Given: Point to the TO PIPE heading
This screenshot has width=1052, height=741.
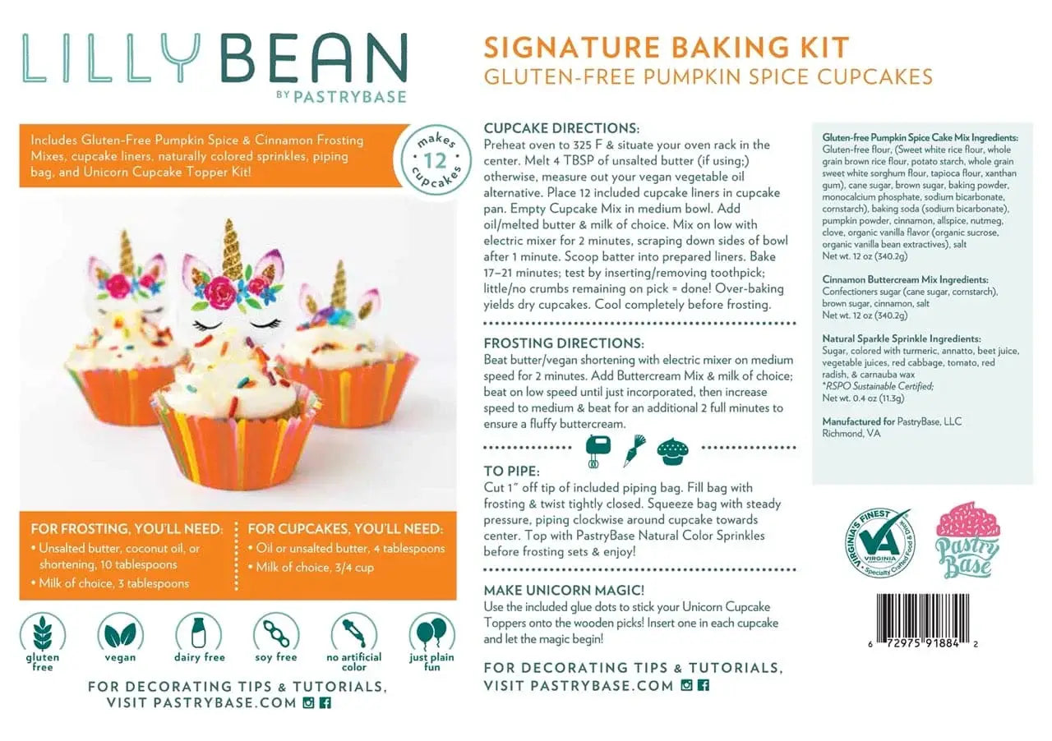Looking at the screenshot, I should point(512,472).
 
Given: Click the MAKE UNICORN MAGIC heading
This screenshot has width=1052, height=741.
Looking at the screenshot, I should point(565,591).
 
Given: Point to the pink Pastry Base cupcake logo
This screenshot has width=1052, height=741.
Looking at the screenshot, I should point(968,539).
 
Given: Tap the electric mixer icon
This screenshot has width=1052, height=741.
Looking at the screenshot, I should point(598,449).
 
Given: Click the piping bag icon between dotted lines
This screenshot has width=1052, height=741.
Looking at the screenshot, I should point(634,449).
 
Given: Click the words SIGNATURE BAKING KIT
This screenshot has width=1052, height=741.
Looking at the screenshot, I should point(666,48).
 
